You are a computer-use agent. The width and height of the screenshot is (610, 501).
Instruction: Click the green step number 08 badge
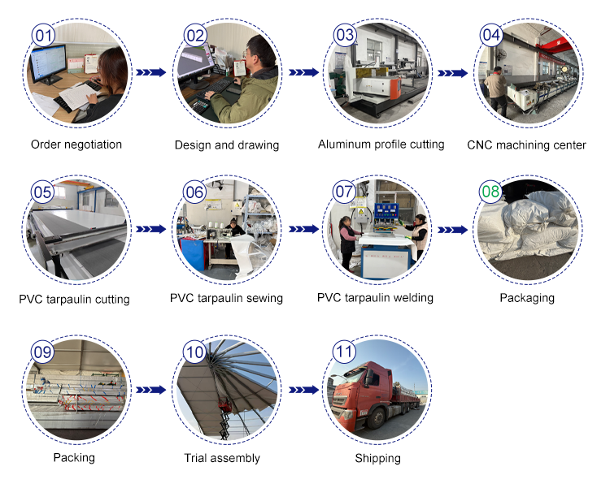pos(491,192)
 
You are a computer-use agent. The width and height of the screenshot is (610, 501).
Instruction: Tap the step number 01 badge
pos(43,36)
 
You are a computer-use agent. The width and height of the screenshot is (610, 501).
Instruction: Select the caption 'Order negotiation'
pos(76,145)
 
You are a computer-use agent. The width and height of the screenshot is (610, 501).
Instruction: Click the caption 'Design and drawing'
pos(227,145)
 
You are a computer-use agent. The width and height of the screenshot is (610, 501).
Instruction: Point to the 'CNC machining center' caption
pos(526,145)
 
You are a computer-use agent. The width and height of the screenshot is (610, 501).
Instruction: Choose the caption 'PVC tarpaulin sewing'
pos(226,298)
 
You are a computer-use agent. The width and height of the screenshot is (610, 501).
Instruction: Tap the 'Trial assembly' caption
pos(222,458)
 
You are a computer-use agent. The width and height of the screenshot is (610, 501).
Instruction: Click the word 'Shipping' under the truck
pos(377,459)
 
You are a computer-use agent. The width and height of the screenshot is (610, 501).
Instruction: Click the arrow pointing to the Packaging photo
pos(453,230)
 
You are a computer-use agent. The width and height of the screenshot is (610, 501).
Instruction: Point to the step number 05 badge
pos(42,192)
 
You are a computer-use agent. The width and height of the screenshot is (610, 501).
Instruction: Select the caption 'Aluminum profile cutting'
pos(381,145)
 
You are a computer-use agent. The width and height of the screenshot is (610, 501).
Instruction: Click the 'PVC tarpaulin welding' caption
pos(375,298)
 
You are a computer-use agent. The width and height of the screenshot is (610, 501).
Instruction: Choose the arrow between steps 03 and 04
pos(453,72)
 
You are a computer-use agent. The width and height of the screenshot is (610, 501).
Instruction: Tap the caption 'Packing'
pos(74,458)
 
